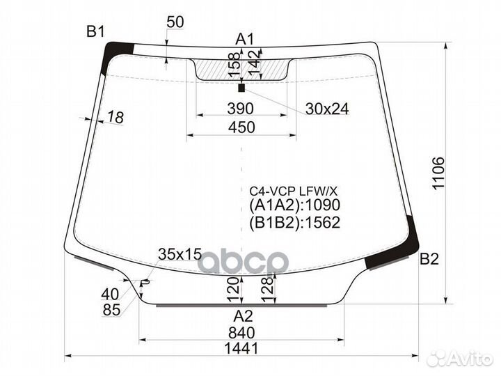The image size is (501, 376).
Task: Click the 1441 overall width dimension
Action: (x=241, y=348)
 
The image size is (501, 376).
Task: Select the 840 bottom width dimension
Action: (x=241, y=333)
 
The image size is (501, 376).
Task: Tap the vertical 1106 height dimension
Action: (x=438, y=173)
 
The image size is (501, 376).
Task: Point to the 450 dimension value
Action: (x=241, y=127)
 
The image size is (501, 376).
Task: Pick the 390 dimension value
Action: (x=240, y=109)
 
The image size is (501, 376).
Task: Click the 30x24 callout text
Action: (x=327, y=109)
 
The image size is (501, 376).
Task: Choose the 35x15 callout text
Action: (x=180, y=254)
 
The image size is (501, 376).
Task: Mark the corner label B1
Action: (x=95, y=31)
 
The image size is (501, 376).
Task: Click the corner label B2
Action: (x=429, y=259)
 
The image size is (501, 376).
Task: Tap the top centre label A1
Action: (x=244, y=39)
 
